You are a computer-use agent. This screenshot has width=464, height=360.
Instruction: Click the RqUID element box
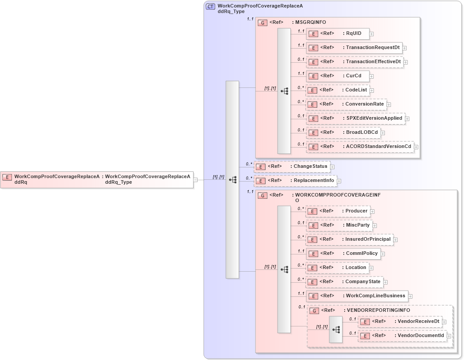(338, 34)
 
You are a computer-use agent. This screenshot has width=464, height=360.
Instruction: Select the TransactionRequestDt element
(354, 48)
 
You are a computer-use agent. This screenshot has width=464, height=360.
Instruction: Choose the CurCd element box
(338, 76)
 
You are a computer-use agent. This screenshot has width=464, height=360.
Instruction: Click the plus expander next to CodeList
(372, 91)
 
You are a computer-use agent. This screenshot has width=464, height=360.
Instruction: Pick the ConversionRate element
(346, 104)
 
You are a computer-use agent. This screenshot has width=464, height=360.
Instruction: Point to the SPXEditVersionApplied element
(355, 118)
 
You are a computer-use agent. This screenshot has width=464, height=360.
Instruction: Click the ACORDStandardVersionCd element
(360, 147)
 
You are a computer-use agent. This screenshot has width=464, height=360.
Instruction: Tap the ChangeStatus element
(292, 167)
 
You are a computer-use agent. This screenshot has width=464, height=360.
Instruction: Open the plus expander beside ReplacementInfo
(339, 181)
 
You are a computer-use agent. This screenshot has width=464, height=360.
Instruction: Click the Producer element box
(337, 211)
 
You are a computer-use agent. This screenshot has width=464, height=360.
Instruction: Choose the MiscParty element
(338, 225)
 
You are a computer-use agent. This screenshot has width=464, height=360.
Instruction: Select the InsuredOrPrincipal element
(349, 239)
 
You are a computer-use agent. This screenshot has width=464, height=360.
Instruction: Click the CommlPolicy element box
(343, 254)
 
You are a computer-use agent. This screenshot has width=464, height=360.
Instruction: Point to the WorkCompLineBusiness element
(357, 296)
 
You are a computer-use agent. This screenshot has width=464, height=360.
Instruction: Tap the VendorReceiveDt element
(399, 322)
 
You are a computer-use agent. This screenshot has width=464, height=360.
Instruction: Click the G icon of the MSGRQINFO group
(262, 23)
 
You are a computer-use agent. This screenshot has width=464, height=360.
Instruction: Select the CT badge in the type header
(210, 7)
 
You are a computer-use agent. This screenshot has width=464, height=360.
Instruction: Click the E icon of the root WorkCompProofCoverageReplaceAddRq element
(7, 177)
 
